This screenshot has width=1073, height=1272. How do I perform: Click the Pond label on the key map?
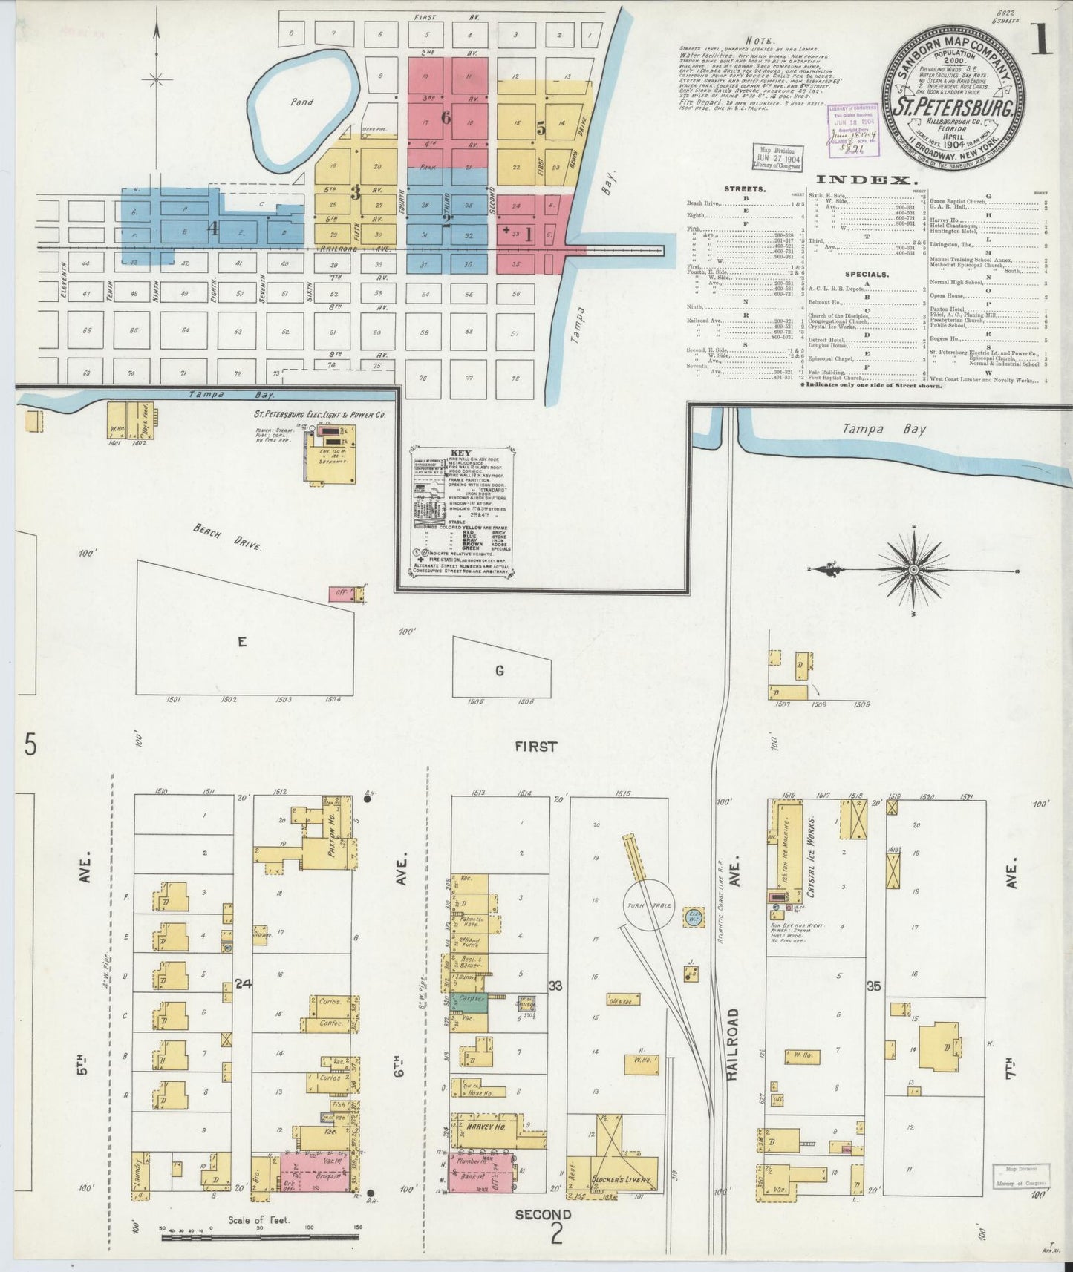301,102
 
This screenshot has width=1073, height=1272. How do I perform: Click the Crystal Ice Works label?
812,857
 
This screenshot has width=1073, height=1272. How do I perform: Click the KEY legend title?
460,453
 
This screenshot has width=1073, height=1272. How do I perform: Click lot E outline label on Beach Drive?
241,642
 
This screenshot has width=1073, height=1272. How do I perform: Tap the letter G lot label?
500,671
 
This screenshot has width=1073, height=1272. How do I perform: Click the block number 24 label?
243,984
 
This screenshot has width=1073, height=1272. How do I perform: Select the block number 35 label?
873,986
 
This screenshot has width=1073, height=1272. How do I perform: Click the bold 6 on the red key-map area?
446,117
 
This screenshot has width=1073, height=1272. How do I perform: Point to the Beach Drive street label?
227,537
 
